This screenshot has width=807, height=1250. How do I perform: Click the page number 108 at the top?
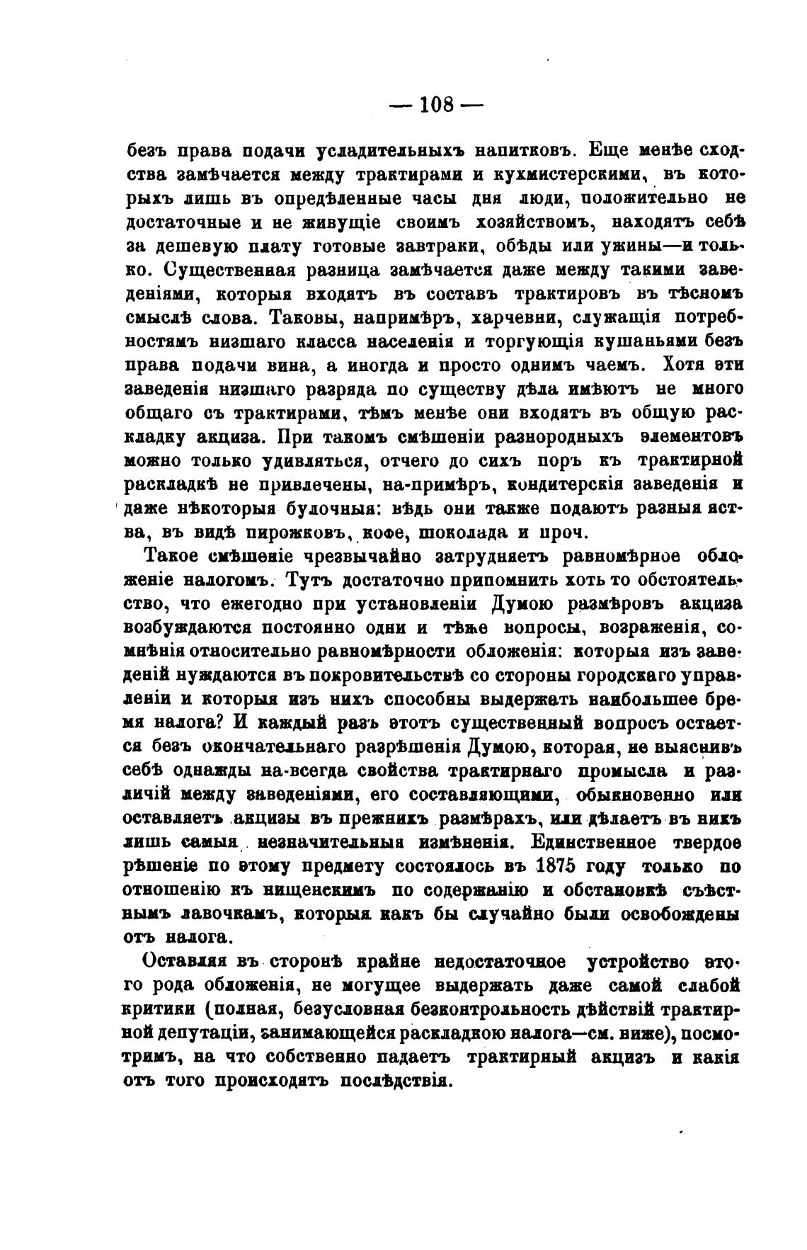(436, 105)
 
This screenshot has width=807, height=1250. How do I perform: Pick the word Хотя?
(683, 365)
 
